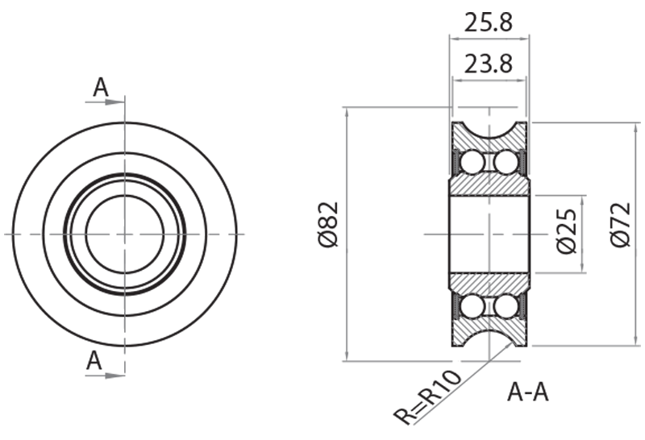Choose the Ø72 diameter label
[x=621, y=234]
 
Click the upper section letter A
[x=100, y=88]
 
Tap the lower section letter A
[x=95, y=362]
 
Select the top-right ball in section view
[x=506, y=162]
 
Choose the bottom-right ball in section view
[x=506, y=306]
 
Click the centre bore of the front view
[x=124, y=234]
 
